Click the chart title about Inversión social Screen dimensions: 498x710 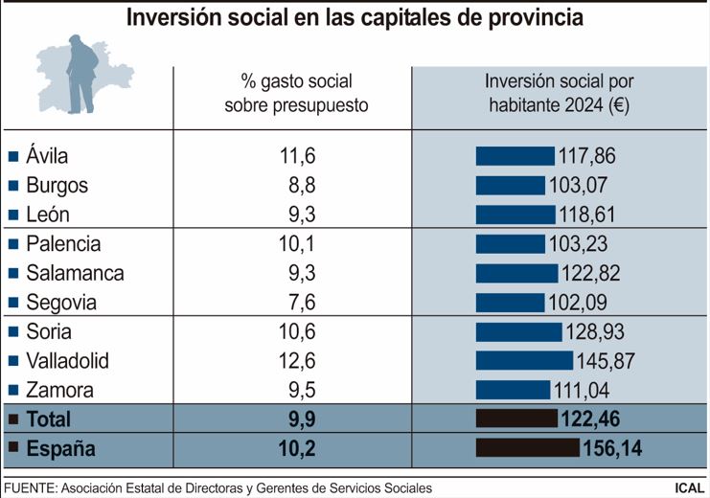point(355,18)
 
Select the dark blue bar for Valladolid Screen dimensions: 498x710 point(523,361)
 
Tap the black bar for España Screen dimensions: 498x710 point(528,448)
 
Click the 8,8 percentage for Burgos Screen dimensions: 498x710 point(296,186)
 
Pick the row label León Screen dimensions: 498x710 point(48,215)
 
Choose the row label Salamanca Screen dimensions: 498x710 point(75,273)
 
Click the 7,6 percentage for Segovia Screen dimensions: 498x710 point(296,303)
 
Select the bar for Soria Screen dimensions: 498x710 point(518,332)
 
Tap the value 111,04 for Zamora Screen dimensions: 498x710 point(582,391)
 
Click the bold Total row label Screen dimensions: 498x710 point(49,419)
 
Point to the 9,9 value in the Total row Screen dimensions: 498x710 point(296,419)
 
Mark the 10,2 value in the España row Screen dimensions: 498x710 point(296,448)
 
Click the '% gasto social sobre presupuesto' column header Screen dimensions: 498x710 point(296,94)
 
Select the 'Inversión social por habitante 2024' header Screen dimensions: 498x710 point(560,94)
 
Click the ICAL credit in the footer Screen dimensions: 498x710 point(689,487)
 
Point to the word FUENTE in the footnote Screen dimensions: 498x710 point(30,487)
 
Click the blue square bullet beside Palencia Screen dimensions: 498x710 point(13,244)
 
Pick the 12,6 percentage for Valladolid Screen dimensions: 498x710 point(296,361)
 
